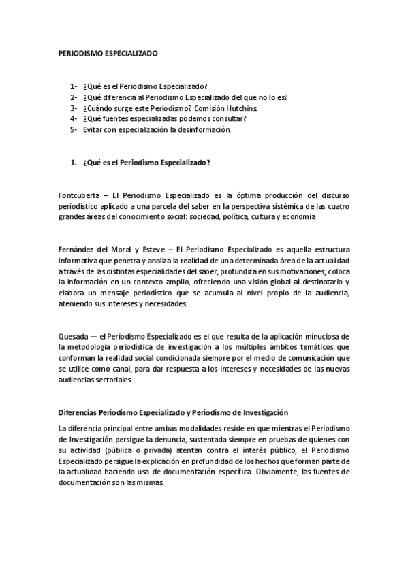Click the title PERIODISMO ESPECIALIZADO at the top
[x=108, y=52]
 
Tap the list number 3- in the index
[x=74, y=108]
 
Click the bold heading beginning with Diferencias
[x=174, y=412]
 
